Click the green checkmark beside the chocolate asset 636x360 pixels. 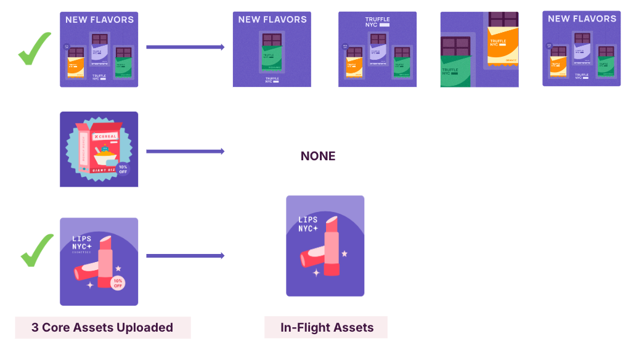point(35,49)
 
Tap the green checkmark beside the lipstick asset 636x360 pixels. point(37,253)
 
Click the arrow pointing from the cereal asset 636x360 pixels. point(185,151)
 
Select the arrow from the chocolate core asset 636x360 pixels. point(185,47)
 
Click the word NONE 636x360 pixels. point(318,156)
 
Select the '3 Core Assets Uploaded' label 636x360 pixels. point(102,327)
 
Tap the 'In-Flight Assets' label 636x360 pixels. point(327,327)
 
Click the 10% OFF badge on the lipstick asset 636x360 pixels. point(118,284)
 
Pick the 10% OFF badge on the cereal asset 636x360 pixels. point(123,170)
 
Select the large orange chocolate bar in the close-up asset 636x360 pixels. point(503,43)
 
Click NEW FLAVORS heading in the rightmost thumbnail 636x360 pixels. point(582,18)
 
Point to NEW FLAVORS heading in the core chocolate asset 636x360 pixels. point(99,20)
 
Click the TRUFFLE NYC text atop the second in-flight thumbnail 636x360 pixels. point(377,22)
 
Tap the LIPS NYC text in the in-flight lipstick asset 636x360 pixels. point(308,223)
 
